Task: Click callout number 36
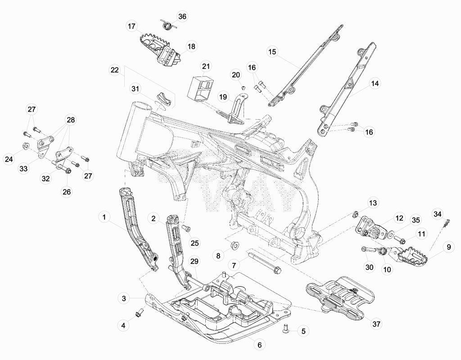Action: tap(182, 17)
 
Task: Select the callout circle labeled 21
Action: tap(206, 67)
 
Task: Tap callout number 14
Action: tap(375, 83)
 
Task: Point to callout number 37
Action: tap(376, 324)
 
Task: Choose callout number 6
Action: tap(259, 344)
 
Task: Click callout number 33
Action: tap(23, 169)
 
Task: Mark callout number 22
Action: tap(115, 70)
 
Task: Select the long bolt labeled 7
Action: tap(265, 262)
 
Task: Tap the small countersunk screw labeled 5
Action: tap(286, 328)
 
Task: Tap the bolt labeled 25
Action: tap(186, 228)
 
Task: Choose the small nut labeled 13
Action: tap(355, 213)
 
